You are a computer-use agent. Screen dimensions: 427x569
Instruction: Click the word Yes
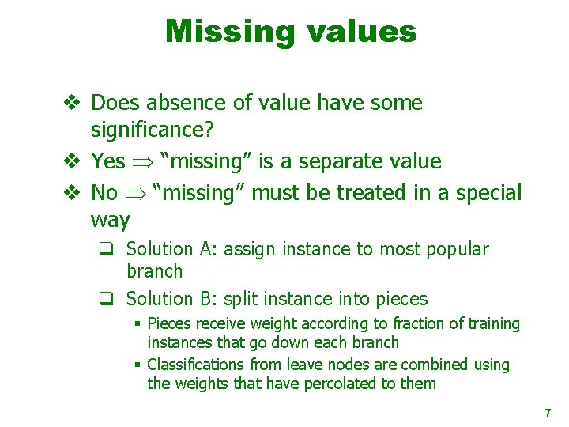click(108, 161)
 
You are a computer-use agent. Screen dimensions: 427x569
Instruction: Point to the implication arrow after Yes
click(142, 162)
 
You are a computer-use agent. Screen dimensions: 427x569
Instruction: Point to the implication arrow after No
click(135, 193)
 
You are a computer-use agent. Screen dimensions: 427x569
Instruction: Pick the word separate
click(337, 161)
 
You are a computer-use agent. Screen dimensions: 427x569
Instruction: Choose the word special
click(483, 192)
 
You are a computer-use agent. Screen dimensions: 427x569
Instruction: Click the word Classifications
click(196, 365)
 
